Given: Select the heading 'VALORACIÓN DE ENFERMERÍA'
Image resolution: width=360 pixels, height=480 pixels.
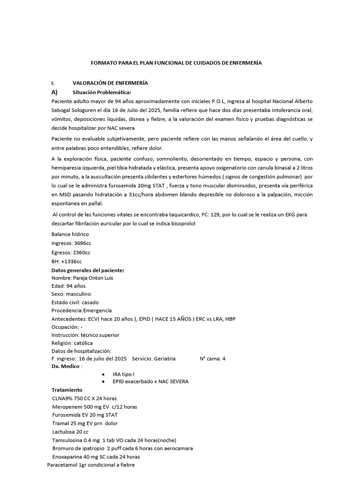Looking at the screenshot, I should click(110, 82).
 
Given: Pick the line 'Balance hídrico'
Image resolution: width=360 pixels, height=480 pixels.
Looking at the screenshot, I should click(70, 234).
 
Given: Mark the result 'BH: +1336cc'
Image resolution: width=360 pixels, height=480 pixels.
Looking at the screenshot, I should click(67, 262).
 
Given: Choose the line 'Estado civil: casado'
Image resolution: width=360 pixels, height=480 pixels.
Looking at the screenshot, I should click(75, 302).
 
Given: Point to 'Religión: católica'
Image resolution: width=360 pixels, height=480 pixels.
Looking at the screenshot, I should click(72, 343).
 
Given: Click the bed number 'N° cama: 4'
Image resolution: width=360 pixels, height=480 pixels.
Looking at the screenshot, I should click(212, 359).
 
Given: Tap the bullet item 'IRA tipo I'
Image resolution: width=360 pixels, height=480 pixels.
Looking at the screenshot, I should click(123, 375).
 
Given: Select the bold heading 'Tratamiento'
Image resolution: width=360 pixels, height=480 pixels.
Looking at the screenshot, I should click(67, 390).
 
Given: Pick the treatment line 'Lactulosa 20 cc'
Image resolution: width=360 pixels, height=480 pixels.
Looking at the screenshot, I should click(70, 431).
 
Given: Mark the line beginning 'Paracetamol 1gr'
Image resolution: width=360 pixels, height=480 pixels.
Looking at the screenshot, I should click(91, 465).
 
